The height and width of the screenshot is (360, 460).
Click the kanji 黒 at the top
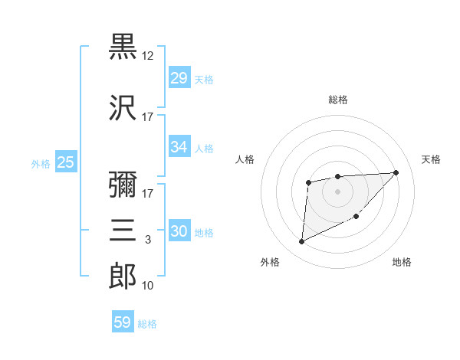point(123,47)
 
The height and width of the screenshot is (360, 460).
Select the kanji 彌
point(123,185)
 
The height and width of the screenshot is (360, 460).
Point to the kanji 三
point(123,231)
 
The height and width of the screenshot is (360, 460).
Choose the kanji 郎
point(123,277)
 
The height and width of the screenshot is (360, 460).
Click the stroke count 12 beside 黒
point(148,56)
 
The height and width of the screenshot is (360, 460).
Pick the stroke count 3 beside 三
point(148,240)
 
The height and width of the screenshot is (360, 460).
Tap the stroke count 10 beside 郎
point(148,286)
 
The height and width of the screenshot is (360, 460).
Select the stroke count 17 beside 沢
point(148,117)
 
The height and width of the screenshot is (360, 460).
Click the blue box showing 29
point(179,78)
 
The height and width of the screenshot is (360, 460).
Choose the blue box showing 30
point(179,232)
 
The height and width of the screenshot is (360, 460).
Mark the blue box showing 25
point(65,162)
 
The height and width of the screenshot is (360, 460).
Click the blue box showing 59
point(123,322)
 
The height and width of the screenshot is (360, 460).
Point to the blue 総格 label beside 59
point(148,324)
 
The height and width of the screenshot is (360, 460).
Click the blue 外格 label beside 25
point(41,163)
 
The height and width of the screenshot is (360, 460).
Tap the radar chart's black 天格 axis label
point(431,159)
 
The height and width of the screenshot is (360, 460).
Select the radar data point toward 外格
point(301,242)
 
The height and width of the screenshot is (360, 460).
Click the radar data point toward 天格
point(396,172)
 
